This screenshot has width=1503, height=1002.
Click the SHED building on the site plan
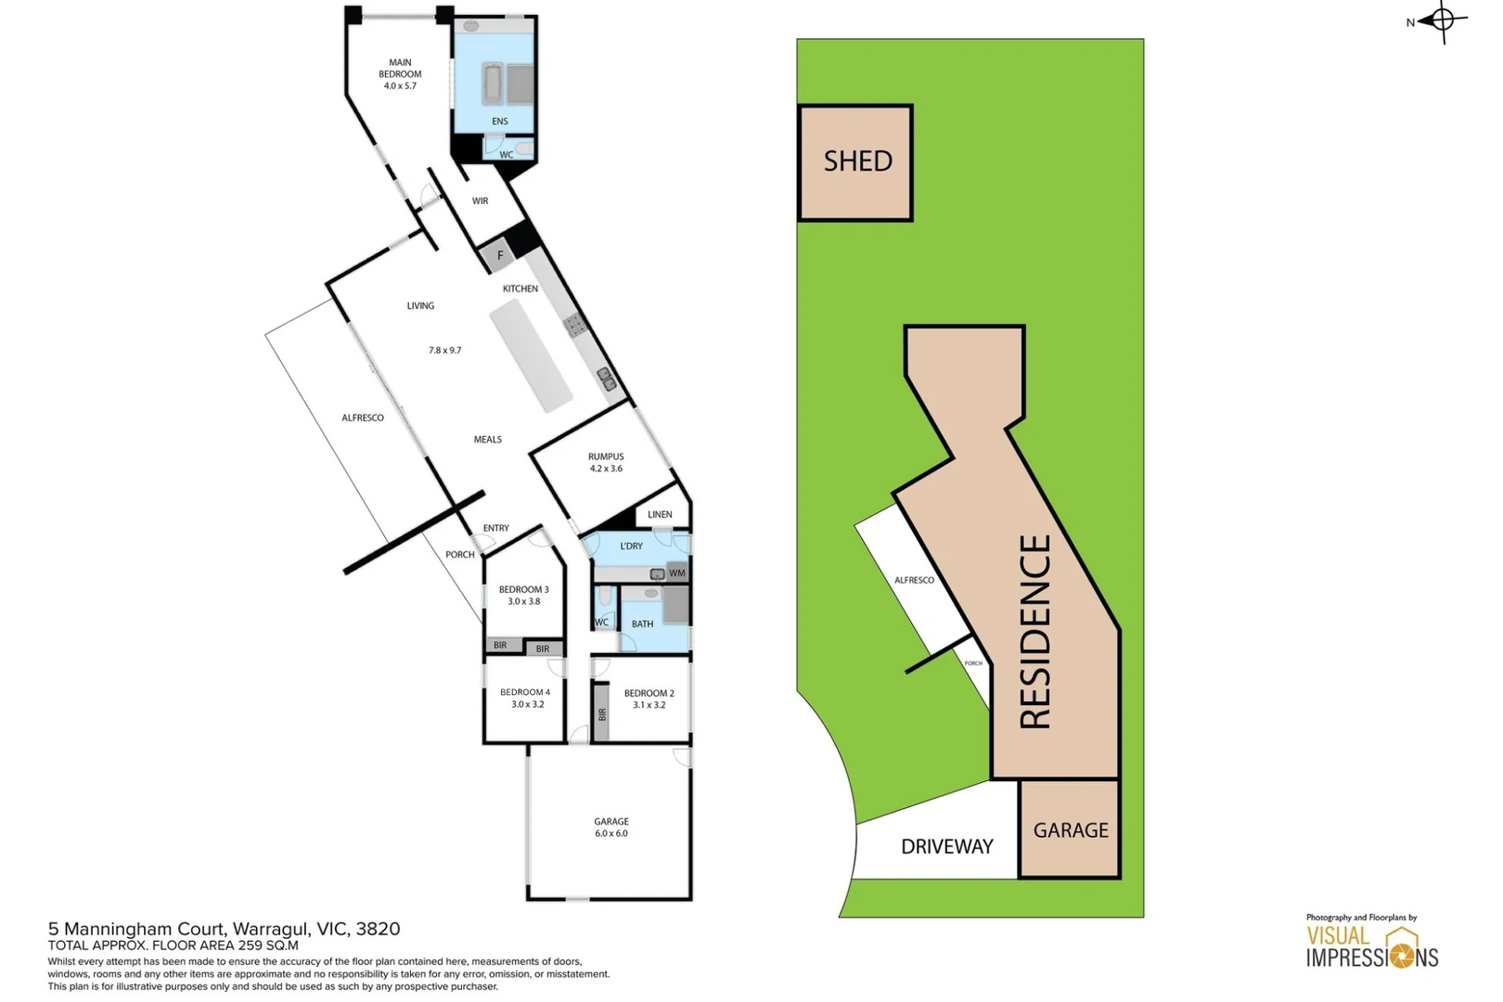[x=855, y=162]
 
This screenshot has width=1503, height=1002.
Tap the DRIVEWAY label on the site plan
[x=946, y=846]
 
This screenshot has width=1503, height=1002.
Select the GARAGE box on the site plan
[x=1070, y=829]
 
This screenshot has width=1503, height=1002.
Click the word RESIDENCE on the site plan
[x=1035, y=631]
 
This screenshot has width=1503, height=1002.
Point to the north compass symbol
[x=1442, y=19]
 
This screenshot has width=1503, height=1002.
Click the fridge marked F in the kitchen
[x=499, y=255]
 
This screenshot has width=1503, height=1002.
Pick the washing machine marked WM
[x=677, y=572]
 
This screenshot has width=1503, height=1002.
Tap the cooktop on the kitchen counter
[x=574, y=324]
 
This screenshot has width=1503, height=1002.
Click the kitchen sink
[x=607, y=378]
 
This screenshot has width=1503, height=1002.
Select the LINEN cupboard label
[x=660, y=514]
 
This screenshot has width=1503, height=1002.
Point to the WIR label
[x=480, y=200]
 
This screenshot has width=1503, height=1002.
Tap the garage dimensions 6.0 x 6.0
[x=611, y=833]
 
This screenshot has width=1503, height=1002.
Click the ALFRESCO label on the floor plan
[x=363, y=417]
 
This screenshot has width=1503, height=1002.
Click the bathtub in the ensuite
[x=493, y=84]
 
